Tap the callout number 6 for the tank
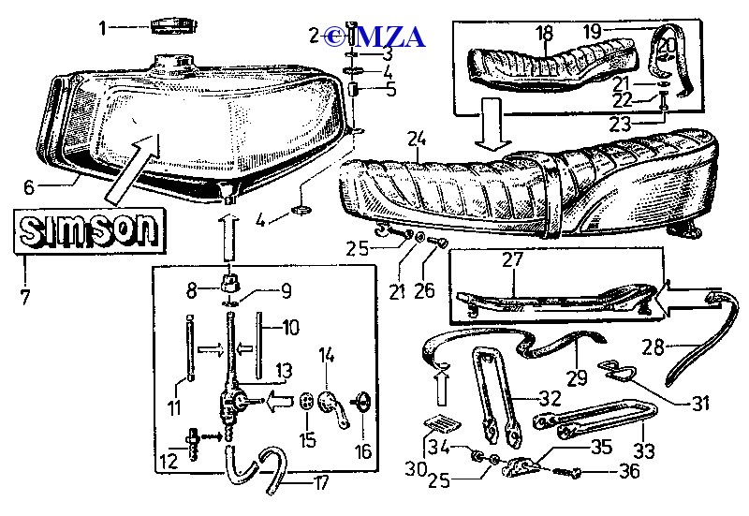[x=29, y=186]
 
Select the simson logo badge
[x=90, y=230]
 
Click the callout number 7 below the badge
[x=25, y=298]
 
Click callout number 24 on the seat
[x=417, y=140]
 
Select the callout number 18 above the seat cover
[x=545, y=33]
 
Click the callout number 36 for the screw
[x=628, y=471]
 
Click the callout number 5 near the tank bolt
[x=389, y=91]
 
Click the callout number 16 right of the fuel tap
[x=362, y=451]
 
